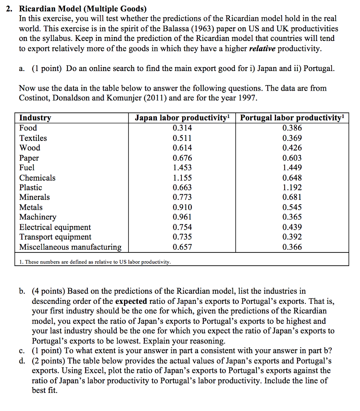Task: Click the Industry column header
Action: [35, 118]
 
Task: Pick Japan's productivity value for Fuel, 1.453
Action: [182, 167]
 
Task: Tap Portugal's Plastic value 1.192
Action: [292, 187]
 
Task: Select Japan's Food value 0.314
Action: [182, 128]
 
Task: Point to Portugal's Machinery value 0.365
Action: [292, 217]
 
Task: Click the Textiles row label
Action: [33, 138]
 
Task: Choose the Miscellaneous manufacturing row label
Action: [70, 247]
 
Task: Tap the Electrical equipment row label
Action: [55, 227]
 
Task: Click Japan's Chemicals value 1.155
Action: [182, 178]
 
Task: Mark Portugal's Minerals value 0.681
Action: [292, 197]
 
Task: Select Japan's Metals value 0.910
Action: [182, 208]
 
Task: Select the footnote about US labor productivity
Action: [95, 262]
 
